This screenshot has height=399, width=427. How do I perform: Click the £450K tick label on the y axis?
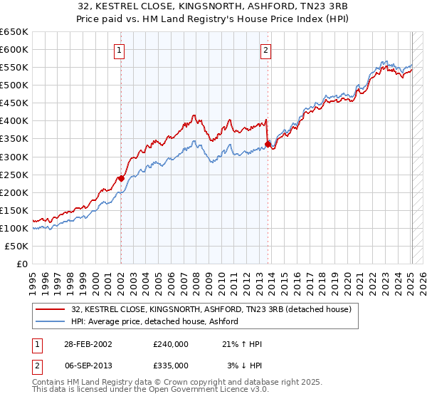(14, 103)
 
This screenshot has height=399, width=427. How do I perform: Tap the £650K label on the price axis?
(14, 32)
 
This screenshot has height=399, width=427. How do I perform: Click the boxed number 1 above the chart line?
(119, 51)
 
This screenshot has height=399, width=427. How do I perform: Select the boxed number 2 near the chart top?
(265, 51)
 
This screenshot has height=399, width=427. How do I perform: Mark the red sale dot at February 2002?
(121, 178)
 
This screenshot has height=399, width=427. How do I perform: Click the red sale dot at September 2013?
(268, 144)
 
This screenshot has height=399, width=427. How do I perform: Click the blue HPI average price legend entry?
(154, 321)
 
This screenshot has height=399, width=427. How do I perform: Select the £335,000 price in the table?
(170, 365)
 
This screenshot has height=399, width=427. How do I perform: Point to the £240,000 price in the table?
(170, 344)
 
